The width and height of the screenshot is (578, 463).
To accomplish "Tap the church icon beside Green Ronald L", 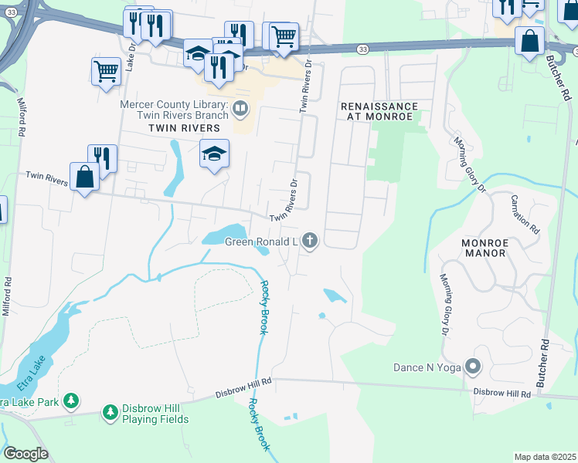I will [310, 242].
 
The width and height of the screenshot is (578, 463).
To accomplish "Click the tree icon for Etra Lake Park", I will [71, 400].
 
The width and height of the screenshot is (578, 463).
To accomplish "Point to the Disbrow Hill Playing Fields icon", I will [110, 414].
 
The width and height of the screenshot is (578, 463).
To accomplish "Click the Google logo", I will [25, 454].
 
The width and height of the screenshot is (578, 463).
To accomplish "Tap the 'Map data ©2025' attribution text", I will [544, 457].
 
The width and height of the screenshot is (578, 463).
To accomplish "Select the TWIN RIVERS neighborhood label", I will [179, 127].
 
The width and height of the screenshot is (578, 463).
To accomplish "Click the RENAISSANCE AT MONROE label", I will [379, 111].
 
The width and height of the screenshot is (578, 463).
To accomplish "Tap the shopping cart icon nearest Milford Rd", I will [106, 72].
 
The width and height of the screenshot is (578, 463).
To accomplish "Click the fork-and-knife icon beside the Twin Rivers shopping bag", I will [102, 158].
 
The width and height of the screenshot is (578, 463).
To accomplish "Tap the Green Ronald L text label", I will [261, 242].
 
